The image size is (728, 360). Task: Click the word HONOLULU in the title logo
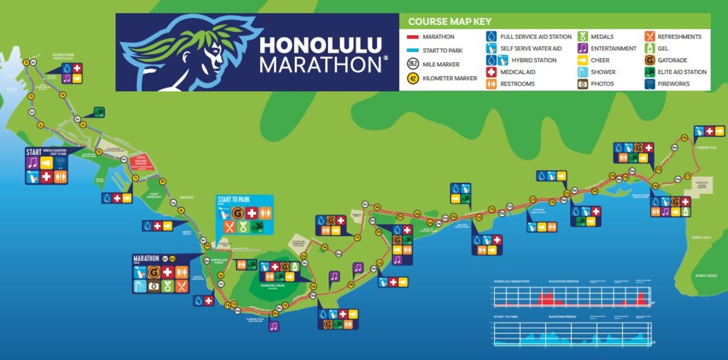coord(321,45)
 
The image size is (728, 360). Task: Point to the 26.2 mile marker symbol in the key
coord(413,64)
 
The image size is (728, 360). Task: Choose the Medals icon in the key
coord(583,36)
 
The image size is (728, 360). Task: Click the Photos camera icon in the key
coord(583,84)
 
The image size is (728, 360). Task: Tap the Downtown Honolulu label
coord(63,56)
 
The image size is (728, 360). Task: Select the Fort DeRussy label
coord(155,197)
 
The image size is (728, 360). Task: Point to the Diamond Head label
coord(272,286)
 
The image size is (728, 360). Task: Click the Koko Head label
coord(706,275)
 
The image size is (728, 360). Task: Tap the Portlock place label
coord(701,237)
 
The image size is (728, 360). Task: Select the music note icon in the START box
coord(32,162)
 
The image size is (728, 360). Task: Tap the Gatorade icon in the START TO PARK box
coord(238,213)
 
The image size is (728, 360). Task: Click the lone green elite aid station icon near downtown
coord(99,112)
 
